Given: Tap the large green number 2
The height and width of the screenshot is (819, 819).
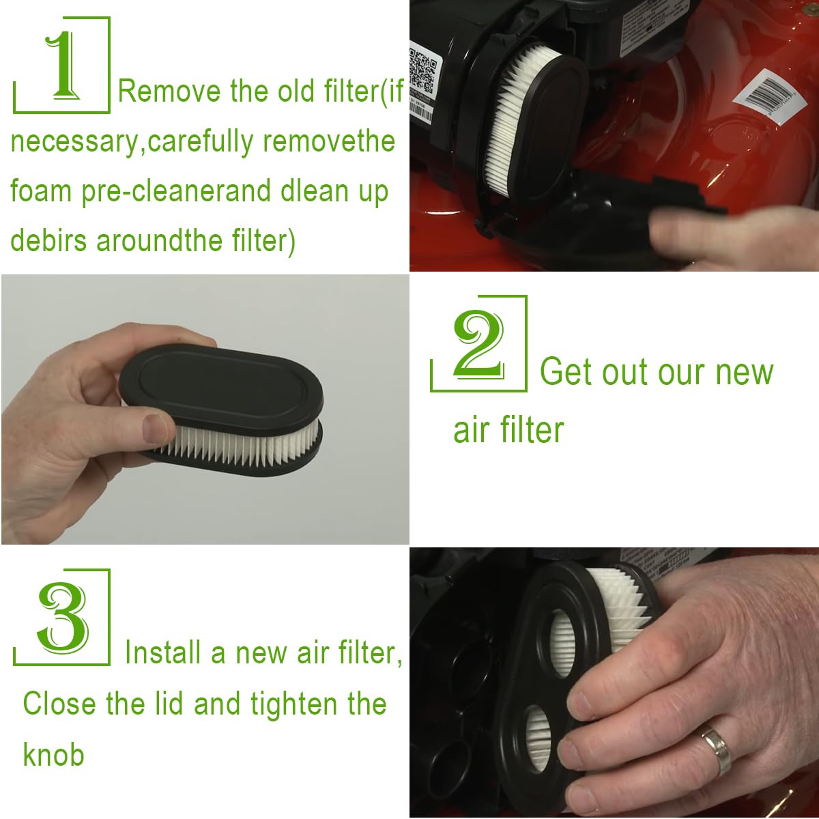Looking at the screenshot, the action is [x=478, y=343].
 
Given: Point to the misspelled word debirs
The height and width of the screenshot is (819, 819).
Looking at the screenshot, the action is [x=48, y=240].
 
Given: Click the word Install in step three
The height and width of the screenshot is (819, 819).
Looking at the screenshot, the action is [x=163, y=652].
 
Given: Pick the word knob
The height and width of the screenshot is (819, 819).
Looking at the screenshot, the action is [x=53, y=754].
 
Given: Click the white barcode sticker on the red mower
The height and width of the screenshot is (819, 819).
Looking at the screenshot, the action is [x=769, y=97].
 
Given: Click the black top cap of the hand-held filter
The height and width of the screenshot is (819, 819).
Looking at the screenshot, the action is [x=221, y=387].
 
